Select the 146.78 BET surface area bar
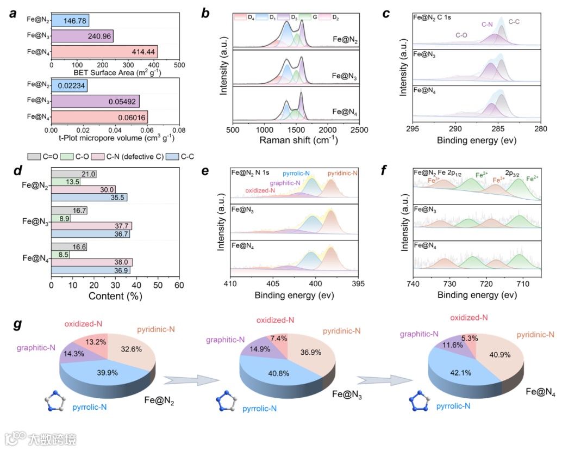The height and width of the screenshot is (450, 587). point(70,21)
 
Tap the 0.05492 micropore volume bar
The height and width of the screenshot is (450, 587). point(95,101)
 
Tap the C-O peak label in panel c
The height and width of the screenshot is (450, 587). point(461,35)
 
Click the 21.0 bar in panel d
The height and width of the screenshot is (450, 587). point(73,174)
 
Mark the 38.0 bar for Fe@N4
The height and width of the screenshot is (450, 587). point(91,262)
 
